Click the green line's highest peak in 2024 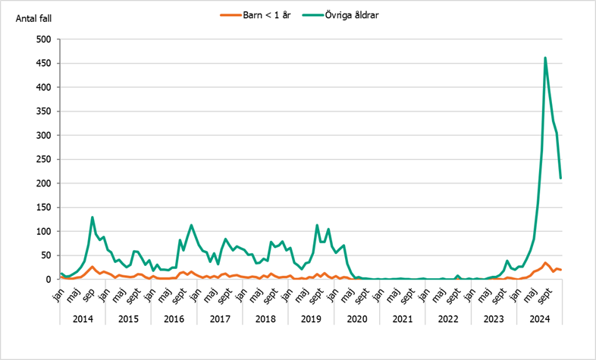(x=545, y=58)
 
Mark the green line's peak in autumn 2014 (x=93, y=218)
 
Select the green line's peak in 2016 (x=191, y=225)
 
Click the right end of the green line (x=560, y=178)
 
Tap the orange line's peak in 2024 (x=545, y=263)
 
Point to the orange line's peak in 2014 (x=93, y=267)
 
